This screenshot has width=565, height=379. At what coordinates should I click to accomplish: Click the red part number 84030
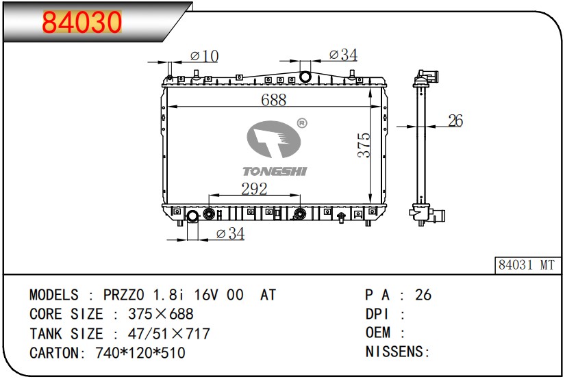tap(81, 23)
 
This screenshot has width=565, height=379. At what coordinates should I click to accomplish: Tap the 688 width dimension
tap(274, 100)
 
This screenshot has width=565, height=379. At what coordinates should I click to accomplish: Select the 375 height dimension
tap(364, 145)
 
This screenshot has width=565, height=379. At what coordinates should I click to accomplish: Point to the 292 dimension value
tap(254, 189)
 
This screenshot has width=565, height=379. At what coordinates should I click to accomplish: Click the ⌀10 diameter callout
tap(204, 56)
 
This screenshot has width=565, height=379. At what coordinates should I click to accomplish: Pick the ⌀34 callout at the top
tap(343, 55)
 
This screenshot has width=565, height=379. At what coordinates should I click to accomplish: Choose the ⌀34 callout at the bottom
tap(230, 233)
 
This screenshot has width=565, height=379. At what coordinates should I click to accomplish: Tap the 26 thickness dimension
tap(455, 120)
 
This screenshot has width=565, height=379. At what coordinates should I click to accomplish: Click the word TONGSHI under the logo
tap(275, 171)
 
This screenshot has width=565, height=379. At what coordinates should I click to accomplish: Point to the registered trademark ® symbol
tap(302, 123)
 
